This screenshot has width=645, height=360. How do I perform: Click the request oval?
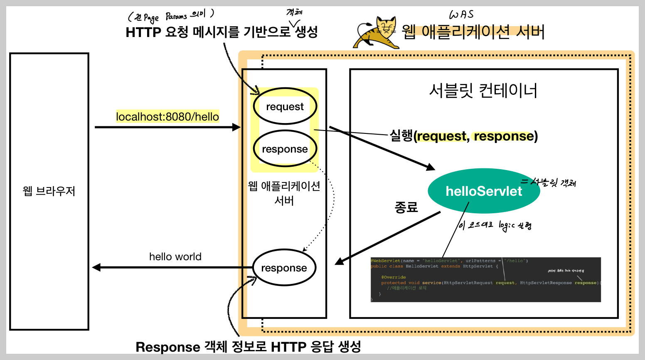[285, 106]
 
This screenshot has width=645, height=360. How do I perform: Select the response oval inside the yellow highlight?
[285, 149]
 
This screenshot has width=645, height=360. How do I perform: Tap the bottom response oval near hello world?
[284, 268]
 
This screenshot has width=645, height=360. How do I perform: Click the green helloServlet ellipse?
[484, 191]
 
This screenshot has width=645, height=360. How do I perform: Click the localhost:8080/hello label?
[167, 117]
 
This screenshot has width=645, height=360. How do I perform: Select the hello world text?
[175, 256]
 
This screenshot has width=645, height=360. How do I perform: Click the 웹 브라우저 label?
[49, 191]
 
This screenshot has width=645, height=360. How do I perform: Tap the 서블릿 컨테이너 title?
[483, 90]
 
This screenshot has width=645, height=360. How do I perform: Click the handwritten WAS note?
[461, 15]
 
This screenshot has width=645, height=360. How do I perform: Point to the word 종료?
[406, 207]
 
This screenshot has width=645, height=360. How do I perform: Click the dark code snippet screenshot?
[485, 279]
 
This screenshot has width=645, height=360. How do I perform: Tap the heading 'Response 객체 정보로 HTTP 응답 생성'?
[248, 347]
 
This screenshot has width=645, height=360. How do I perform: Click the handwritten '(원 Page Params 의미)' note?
[171, 16]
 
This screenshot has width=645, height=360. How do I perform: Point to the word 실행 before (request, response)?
[401, 136]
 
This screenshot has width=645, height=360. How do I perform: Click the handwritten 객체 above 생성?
[294, 12]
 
